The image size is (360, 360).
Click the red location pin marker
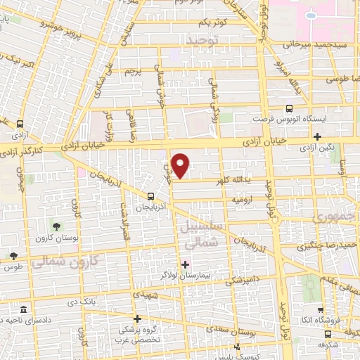(181, 165)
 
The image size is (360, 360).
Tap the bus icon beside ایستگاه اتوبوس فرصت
(290, 108)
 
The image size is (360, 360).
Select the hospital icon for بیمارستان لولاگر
(185, 264)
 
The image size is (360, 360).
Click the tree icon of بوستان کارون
(56, 226)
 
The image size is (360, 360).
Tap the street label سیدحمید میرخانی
(313, 44)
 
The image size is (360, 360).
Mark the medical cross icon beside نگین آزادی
(319, 136)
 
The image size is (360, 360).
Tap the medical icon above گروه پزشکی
(137, 319)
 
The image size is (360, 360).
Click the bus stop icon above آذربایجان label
(150, 196)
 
